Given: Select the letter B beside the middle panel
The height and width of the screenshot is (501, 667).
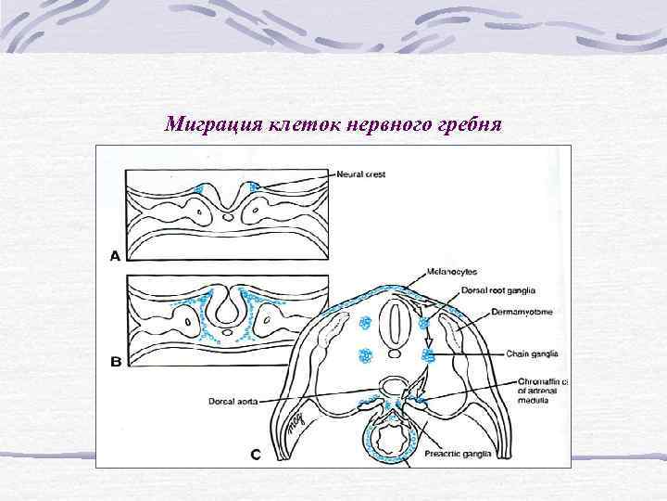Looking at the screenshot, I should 115,362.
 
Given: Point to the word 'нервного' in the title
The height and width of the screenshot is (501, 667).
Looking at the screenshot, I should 386,123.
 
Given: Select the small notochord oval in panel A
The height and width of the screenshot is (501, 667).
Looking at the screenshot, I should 229,219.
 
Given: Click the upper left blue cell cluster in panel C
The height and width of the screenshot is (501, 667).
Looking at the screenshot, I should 365,324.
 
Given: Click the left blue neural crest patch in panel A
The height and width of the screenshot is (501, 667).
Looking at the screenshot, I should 197,189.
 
